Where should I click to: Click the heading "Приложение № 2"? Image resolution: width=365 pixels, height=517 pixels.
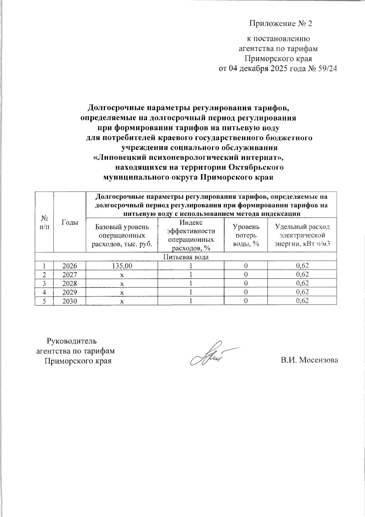[281, 24]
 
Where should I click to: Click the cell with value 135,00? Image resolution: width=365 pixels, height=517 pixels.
[122, 266]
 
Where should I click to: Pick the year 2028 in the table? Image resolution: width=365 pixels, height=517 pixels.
[70, 283]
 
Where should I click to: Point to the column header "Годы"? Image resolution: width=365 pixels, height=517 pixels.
[70, 222]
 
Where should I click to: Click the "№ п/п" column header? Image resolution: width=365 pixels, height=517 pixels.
[44, 222]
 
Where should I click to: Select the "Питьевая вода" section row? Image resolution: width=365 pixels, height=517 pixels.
[186, 257]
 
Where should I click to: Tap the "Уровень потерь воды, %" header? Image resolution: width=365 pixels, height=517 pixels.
[246, 235]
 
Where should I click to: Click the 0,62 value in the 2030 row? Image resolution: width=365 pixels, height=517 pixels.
[302, 301]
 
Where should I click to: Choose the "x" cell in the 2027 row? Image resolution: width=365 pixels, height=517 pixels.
[122, 274]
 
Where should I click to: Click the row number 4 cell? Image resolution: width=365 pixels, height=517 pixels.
[44, 292]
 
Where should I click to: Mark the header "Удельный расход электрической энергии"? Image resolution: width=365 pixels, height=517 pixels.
[302, 235]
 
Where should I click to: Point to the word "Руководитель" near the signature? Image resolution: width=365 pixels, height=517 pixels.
[71, 340]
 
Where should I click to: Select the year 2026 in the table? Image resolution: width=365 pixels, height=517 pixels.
[70, 266]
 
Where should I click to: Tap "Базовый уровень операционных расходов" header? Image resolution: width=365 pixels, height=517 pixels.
[122, 235]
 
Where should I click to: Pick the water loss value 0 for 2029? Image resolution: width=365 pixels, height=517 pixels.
[246, 292]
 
